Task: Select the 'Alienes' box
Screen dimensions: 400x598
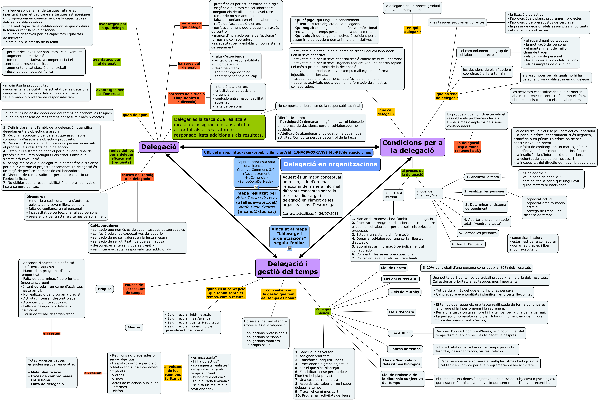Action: coord(134,327)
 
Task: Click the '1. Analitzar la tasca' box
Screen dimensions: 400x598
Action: coord(482,177)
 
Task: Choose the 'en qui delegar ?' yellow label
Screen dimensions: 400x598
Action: coord(412,30)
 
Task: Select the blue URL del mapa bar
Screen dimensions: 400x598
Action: coord(287,153)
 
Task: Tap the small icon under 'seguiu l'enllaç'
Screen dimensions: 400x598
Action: coord(289,248)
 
